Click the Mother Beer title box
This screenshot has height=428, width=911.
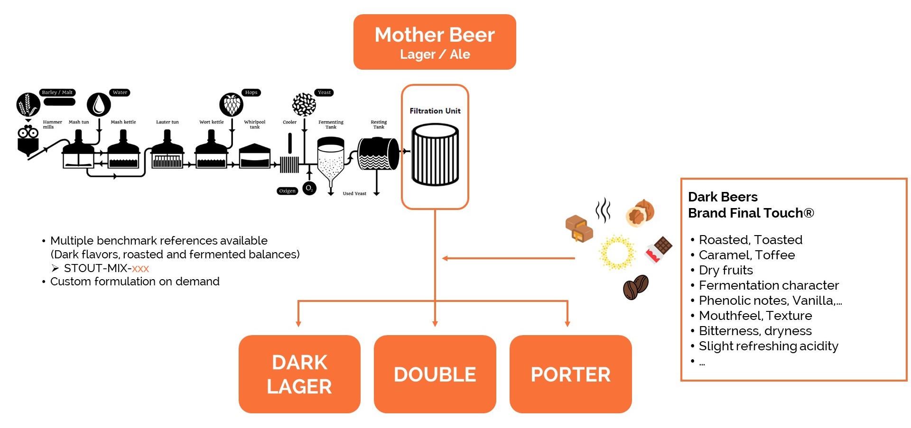point(435,42)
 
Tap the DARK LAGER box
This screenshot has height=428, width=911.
point(299,374)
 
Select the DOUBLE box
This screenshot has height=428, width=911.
point(435,374)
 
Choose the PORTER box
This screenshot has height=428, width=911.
point(570,374)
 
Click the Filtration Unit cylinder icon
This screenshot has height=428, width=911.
point(435,155)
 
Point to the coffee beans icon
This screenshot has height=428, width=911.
point(635,287)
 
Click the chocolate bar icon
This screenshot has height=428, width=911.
point(659,249)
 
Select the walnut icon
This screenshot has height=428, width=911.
point(640,212)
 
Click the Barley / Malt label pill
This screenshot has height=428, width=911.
point(57,92)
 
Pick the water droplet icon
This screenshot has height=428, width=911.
point(99,104)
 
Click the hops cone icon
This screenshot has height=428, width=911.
point(231,104)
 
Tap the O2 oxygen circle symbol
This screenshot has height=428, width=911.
point(309,188)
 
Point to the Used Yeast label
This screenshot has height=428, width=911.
point(354,193)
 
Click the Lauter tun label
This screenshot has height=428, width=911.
point(167,122)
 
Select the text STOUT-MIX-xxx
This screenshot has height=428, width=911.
point(106,268)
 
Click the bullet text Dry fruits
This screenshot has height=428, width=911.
point(725,270)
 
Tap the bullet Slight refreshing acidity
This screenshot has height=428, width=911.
point(768,346)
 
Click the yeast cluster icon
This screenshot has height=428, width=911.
point(304,104)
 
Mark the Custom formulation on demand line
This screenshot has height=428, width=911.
point(135,282)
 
